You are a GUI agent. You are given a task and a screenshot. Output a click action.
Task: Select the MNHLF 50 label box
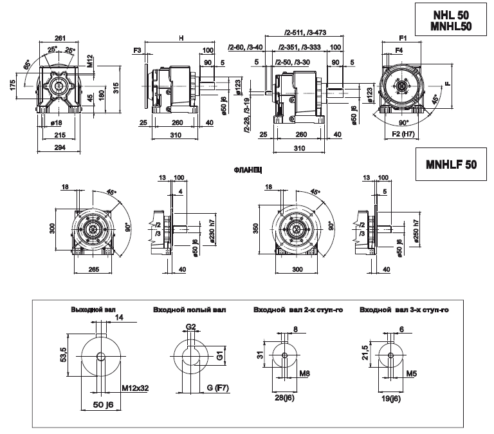coord(451,165)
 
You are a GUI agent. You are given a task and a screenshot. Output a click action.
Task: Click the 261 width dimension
coord(62,37)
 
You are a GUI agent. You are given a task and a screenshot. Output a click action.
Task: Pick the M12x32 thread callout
coord(137,388)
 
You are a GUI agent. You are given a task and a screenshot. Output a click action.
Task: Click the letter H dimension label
coord(181,39)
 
